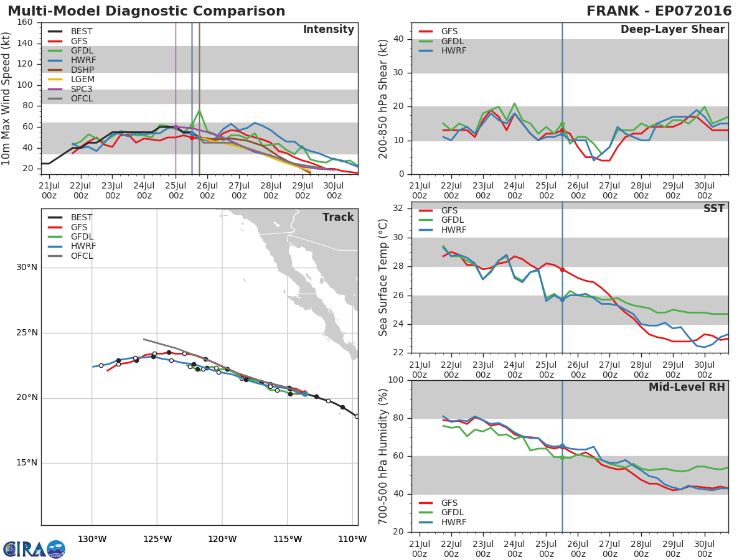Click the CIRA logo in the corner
[x=34, y=549]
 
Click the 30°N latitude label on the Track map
[x=27, y=268]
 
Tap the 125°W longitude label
[x=157, y=539]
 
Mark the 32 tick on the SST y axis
[x=398, y=208]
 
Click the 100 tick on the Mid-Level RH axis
[x=395, y=380]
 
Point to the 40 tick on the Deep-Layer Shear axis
[x=398, y=39]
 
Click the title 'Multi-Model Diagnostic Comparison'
[x=146, y=11]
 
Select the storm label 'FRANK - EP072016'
[x=659, y=11]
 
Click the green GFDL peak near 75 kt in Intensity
[x=199, y=111]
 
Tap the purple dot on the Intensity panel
[x=176, y=127]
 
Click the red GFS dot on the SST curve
[x=562, y=269]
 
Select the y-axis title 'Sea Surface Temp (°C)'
[x=383, y=278]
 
